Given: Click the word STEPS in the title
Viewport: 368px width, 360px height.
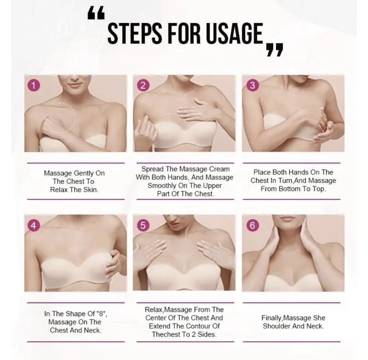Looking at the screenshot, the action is (135, 33).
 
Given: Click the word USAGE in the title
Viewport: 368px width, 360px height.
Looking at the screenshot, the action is (234, 33).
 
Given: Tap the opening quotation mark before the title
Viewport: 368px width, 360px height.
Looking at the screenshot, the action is (96, 13).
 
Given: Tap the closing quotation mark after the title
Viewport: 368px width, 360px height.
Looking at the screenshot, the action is (275, 50).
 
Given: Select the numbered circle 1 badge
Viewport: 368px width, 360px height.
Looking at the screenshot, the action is (34, 85).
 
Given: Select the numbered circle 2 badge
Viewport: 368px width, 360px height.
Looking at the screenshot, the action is (143, 85).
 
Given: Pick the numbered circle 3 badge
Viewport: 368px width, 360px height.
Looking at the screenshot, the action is (252, 85).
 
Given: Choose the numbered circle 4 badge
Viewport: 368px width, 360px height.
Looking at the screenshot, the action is (34, 225).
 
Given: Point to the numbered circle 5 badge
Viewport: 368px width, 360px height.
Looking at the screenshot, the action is (143, 225).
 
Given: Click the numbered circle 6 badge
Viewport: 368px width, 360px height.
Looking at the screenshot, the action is (252, 225).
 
